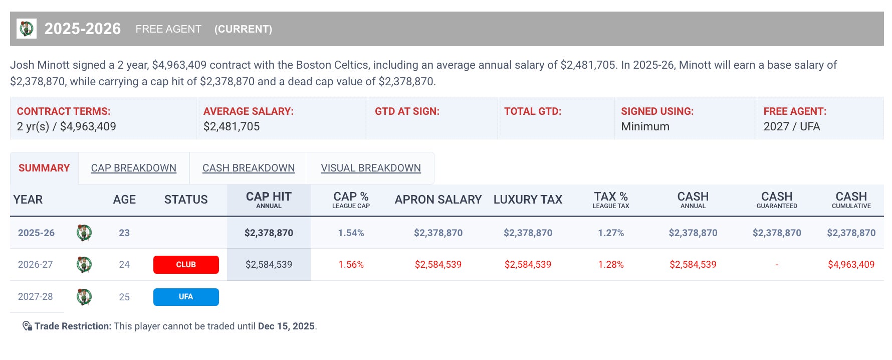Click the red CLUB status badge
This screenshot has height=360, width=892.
186,265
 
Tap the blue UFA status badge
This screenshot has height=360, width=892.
186,297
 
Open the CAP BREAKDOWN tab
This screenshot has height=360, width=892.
134,168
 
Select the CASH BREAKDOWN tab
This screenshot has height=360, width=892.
249,168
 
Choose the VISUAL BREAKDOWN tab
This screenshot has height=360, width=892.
371,168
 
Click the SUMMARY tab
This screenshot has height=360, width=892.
44,168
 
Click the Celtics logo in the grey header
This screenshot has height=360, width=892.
26,29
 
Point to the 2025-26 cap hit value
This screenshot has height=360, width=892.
269,233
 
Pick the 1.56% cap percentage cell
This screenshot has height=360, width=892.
351,265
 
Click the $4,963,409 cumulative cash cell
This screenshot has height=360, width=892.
851,265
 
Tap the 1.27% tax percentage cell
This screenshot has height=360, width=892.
611,233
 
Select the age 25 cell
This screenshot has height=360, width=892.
124,297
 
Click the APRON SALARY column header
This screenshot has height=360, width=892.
438,200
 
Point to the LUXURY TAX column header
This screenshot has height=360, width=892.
528,200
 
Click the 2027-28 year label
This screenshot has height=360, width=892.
35,297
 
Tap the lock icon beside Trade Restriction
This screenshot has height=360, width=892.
27,326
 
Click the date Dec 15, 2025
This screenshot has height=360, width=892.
286,326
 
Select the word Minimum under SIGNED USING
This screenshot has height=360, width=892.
645,126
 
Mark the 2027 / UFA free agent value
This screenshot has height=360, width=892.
792,126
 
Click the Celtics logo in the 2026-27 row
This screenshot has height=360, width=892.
84,264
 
